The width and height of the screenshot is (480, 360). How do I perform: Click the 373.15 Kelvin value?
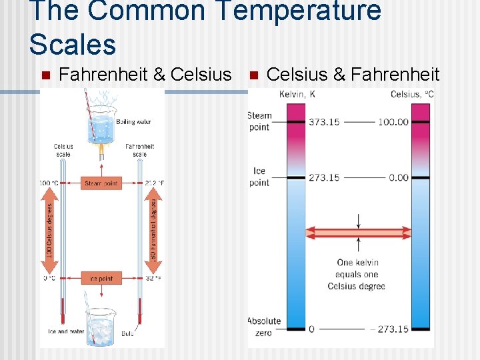[324, 122]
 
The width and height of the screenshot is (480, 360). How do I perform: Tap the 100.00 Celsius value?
[393, 122]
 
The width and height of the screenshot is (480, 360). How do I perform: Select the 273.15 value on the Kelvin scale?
[324, 177]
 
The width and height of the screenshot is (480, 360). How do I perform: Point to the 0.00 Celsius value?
[399, 177]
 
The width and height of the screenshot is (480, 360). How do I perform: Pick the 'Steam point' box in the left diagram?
[101, 183]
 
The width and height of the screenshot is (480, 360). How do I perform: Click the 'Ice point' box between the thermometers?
[101, 278]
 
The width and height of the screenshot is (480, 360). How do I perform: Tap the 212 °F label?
[153, 183]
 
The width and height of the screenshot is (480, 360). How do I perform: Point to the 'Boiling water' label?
[134, 122]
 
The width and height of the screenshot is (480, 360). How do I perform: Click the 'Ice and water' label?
[63, 332]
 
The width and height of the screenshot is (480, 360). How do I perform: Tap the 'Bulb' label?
[127, 333]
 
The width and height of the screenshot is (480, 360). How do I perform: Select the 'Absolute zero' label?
[265, 327]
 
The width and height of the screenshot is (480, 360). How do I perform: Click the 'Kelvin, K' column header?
[297, 94]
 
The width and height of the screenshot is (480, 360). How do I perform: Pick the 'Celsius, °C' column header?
[412, 94]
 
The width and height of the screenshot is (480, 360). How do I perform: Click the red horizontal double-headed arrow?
[359, 233]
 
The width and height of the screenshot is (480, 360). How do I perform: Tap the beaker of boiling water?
[101, 127]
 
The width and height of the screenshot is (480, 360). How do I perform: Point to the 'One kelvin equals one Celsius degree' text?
[357, 274]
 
